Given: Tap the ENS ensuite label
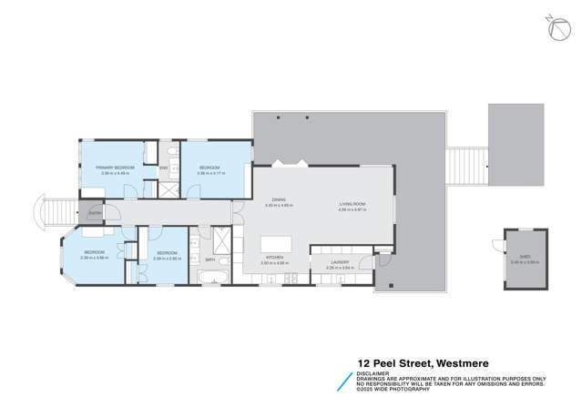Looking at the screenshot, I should (164, 168).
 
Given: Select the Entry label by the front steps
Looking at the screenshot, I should (95, 213).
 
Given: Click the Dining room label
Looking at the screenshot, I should (280, 204).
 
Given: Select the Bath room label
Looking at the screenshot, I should (209, 259).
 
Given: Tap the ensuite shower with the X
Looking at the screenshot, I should (167, 188).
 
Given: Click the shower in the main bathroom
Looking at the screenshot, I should (219, 238).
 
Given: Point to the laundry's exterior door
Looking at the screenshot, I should (366, 264).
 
